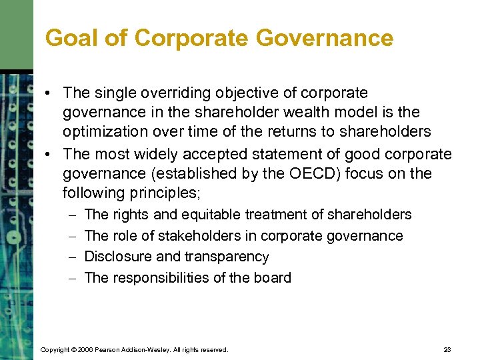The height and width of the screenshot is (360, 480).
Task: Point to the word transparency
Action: click(x=228, y=257)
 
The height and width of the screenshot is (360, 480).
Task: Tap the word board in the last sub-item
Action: click(x=273, y=278)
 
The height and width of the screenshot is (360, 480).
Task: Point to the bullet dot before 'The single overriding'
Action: click(x=51, y=93)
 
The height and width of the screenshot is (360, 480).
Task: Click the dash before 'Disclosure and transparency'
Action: click(x=71, y=257)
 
